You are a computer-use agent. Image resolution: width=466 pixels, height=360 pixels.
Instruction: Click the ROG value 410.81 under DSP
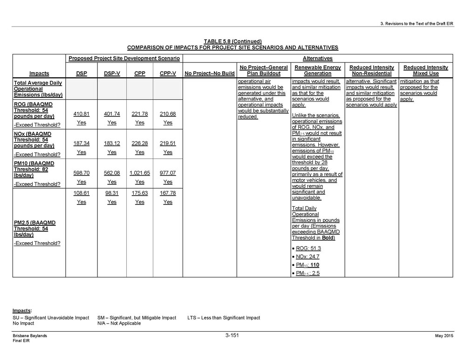[81, 114]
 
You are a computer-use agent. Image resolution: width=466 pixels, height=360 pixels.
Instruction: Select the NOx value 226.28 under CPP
[139, 143]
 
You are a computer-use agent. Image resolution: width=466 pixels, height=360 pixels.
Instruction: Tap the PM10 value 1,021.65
[139, 173]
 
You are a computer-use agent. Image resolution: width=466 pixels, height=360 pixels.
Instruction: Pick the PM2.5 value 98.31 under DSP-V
[111, 193]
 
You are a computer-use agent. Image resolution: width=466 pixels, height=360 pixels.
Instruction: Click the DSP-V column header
[111, 73]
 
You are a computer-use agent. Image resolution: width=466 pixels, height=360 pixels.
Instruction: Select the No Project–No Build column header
[209, 73]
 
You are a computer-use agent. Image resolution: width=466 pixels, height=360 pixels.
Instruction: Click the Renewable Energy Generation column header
[317, 70]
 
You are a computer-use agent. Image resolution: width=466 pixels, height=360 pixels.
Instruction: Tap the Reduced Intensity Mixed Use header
[425, 70]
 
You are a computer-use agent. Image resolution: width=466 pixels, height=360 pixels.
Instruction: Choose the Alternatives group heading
[317, 58]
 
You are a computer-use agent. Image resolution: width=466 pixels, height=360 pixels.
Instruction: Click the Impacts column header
[40, 73]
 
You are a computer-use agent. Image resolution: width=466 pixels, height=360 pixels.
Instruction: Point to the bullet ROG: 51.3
[308, 248]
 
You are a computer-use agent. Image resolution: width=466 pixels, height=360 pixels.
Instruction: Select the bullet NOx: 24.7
[308, 257]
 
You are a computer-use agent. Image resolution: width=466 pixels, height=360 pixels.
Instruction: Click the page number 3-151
[232, 335]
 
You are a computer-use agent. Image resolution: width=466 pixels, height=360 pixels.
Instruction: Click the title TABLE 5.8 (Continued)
[233, 41]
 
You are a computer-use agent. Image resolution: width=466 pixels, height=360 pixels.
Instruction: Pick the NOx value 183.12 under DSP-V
[111, 143]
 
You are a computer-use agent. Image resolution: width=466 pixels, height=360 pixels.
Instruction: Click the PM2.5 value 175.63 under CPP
[139, 193]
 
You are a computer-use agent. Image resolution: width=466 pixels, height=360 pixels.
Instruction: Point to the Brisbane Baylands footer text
[30, 336]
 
